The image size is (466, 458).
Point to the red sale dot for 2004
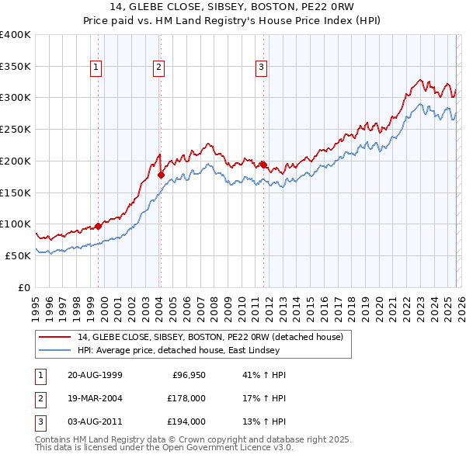(x=161, y=175)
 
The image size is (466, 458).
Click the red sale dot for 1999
(x=99, y=226)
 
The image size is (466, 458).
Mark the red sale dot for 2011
(x=263, y=165)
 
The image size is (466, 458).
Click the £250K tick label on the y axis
(x=16, y=129)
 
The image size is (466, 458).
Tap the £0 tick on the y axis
(x=23, y=287)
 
